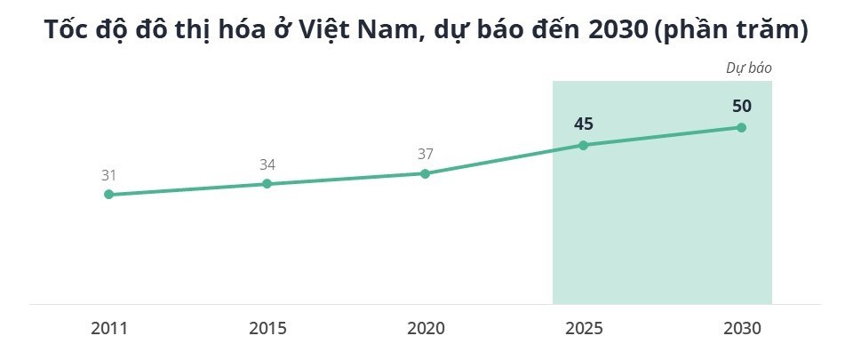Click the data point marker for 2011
coord(108,194)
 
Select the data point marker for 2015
coord(267,184)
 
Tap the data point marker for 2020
coord(425,173)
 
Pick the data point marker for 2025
coord(584,145)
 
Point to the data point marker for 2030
coord(742,127)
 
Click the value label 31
coord(108,175)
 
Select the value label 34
coord(267,164)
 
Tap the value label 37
coord(425,154)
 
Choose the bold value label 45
coord(584,124)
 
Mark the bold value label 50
coord(742,107)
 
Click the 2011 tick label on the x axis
coord(108,328)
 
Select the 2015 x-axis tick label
coord(267,328)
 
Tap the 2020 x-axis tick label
coord(425,328)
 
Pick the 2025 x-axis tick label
coord(584,328)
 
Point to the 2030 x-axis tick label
coord(742,328)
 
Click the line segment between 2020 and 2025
coord(505,159)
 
